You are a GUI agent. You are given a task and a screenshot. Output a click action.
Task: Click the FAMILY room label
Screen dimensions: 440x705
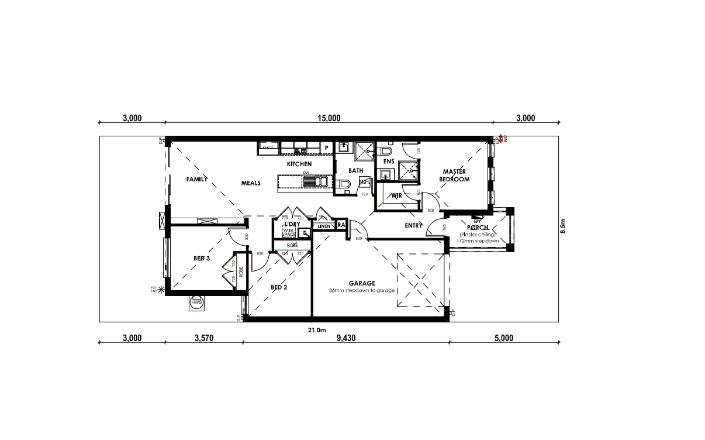[197, 179]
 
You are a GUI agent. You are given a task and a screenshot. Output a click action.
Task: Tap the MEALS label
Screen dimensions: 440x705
[251, 183]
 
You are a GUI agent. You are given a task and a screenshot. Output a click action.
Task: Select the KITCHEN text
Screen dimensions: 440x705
[299, 164]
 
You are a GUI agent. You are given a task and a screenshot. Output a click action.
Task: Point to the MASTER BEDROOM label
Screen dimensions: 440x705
[454, 176]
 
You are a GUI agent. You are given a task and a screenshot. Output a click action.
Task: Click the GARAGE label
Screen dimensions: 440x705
[362, 283]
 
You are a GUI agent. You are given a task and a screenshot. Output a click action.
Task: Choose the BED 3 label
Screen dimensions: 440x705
[202, 258]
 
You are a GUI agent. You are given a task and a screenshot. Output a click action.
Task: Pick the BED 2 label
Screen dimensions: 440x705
[279, 287]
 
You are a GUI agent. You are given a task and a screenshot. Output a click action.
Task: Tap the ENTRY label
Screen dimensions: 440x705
[413, 226]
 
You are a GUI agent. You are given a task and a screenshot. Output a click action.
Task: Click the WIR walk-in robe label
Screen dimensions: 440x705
[396, 195]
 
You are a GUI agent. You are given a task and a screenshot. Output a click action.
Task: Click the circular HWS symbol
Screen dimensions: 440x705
[196, 303]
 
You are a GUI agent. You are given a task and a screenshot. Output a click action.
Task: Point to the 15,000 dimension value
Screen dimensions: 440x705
[329, 118]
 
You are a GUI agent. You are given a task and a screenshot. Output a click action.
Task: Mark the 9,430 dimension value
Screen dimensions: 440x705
[345, 338]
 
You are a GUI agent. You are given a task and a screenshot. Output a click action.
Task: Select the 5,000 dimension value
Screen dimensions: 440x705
[503, 338]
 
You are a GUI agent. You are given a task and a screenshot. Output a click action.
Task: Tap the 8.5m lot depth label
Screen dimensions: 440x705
[563, 226]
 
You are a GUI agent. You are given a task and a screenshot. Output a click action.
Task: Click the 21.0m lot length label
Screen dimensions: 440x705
[316, 329]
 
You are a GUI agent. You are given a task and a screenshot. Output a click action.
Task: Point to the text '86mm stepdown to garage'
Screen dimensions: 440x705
[362, 291]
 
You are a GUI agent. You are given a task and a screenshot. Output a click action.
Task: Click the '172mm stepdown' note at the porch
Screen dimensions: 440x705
[478, 241]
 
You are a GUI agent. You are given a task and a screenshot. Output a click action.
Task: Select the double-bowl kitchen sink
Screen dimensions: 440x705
[316, 181]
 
